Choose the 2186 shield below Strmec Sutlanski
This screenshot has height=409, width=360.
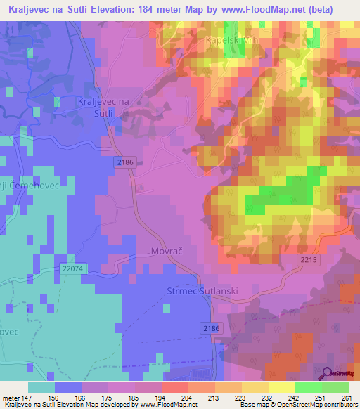click(x=210, y=328)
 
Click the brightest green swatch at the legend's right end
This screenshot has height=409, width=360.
click(x=335, y=387)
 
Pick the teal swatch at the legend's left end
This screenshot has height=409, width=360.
click(x=41, y=387)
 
